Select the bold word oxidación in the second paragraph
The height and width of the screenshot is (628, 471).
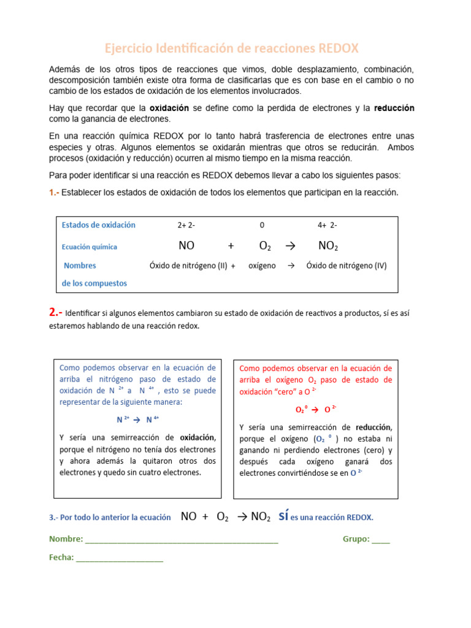pos(169,108)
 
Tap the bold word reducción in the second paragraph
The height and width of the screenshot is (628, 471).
pos(394,108)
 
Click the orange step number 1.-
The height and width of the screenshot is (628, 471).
pos(55,193)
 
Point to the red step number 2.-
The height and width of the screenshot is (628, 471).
pos(56,313)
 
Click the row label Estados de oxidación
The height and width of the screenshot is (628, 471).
pos(99,225)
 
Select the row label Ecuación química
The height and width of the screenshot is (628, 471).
pos(90,247)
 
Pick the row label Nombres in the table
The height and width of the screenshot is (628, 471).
pos(80,266)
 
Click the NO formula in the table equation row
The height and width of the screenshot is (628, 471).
pos(186,246)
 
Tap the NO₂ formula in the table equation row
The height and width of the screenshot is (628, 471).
pos(328,246)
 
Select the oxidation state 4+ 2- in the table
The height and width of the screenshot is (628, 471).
pos(327,225)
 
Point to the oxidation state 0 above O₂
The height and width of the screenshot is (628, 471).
pos(262,225)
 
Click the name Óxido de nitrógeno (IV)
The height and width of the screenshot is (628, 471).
pos(347,266)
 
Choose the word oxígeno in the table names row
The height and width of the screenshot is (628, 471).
pos(262,266)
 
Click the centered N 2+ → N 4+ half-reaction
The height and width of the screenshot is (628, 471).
pos(138,420)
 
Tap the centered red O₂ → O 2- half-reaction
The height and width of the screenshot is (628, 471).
pos(315,410)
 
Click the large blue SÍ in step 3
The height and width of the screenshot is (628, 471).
pos(283,516)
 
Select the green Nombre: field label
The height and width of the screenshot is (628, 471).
pos(66,539)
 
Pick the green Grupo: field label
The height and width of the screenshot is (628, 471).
pos(356,539)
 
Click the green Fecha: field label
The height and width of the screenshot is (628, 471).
pos(61,557)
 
